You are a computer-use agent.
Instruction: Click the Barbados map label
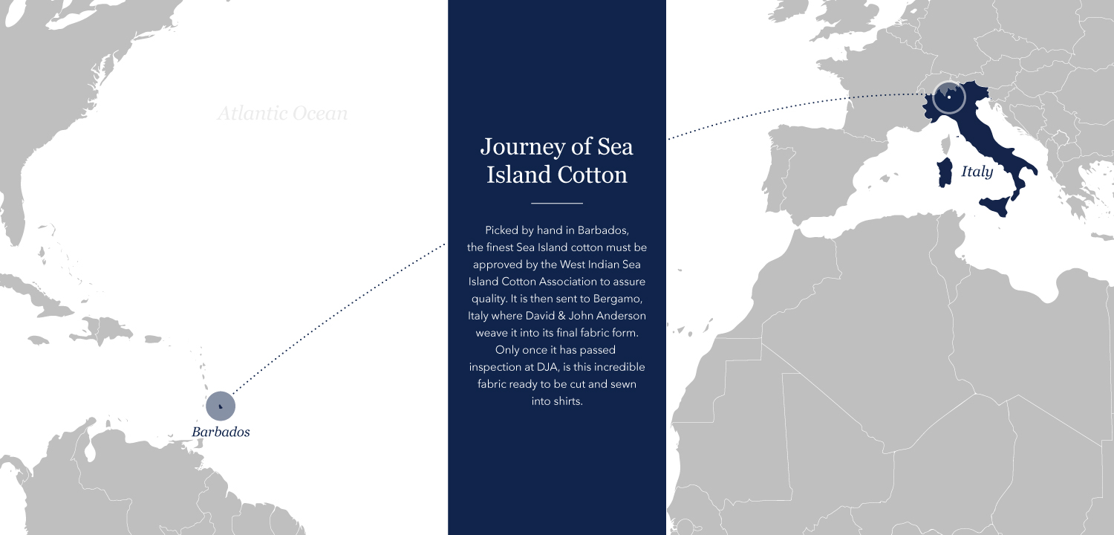click(221, 432)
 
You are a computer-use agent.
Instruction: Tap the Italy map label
click(977, 172)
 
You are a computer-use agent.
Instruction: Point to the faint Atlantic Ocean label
click(282, 114)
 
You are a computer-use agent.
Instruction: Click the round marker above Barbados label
click(221, 406)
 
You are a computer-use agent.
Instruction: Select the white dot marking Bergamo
click(949, 97)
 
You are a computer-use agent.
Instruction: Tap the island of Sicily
click(996, 205)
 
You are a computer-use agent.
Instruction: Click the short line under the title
click(557, 203)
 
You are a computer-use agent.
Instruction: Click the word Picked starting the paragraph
click(504, 230)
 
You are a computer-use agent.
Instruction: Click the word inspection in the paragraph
click(496, 367)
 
